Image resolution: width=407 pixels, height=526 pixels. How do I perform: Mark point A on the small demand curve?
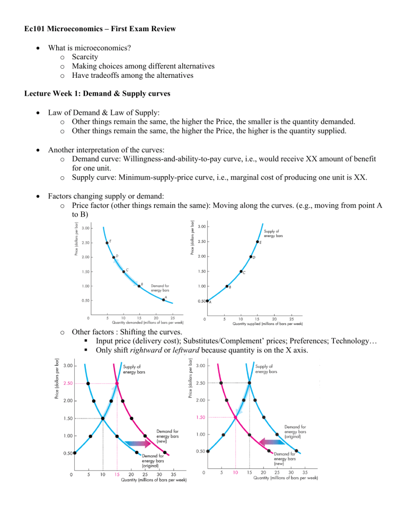[x=163, y=300]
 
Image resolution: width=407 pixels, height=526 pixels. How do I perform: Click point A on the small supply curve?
[x=207, y=301]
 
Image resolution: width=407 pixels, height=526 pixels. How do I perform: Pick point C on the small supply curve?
[x=241, y=271]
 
